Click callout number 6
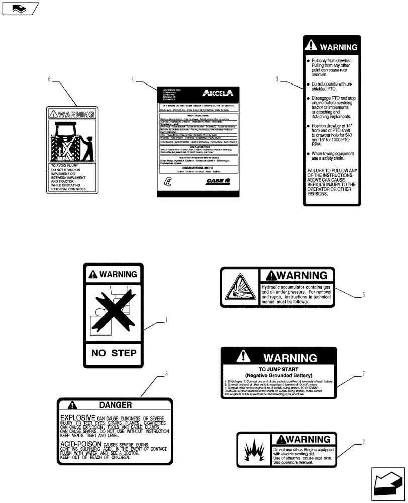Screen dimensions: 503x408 coord(49,79)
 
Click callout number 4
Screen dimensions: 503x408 coord(133,79)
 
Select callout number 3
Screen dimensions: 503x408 coord(277,79)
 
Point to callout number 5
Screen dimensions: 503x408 coord(362,295)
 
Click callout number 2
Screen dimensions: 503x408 coord(362,443)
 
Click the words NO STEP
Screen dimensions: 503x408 coord(114,353)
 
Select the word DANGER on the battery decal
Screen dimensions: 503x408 coord(115,405)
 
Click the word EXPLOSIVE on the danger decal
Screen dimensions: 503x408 coord(77,418)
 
